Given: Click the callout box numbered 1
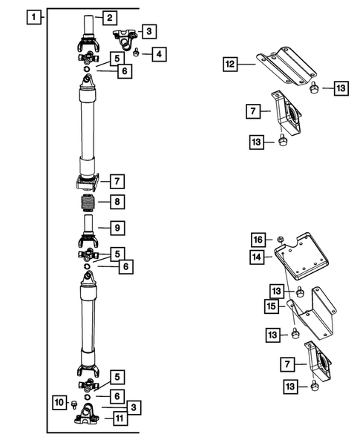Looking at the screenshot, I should pyautogui.click(x=32, y=16).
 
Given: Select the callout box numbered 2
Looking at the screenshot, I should pyautogui.click(x=109, y=17).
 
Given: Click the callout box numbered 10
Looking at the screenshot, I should pyautogui.click(x=59, y=402).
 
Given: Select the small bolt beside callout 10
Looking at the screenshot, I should pyautogui.click(x=75, y=404).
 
